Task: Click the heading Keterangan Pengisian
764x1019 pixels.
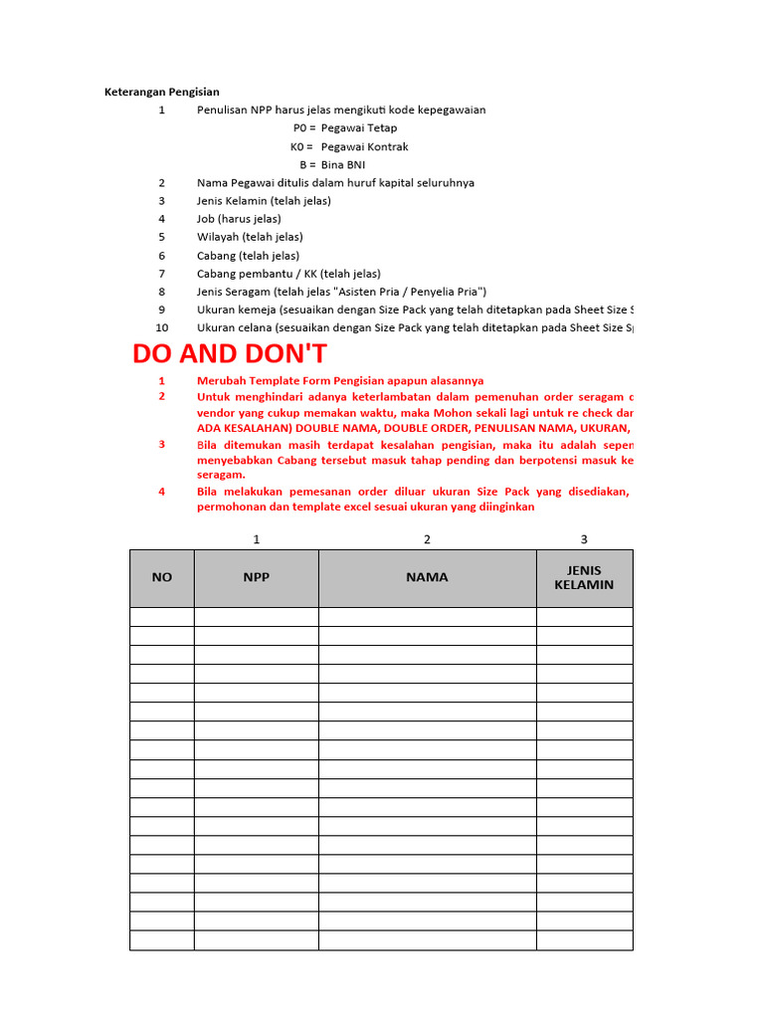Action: (162, 92)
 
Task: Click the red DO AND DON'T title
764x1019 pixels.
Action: (230, 354)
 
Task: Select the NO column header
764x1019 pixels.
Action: (161, 577)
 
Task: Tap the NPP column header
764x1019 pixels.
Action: (256, 577)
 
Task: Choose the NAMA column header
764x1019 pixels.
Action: (427, 577)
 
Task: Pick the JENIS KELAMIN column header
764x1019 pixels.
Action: (584, 577)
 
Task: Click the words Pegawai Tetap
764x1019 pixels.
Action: (359, 128)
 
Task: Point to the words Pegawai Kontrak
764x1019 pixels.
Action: (364, 146)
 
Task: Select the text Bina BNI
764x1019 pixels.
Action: (343, 164)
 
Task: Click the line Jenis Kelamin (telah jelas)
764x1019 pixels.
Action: (264, 201)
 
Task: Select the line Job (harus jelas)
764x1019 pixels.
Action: (239, 219)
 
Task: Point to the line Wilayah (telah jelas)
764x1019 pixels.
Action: (250, 237)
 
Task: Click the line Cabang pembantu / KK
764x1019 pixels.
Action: (288, 274)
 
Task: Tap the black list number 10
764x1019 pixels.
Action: (162, 327)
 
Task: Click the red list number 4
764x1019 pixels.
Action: (162, 491)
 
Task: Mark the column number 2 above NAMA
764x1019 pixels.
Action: (427, 539)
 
